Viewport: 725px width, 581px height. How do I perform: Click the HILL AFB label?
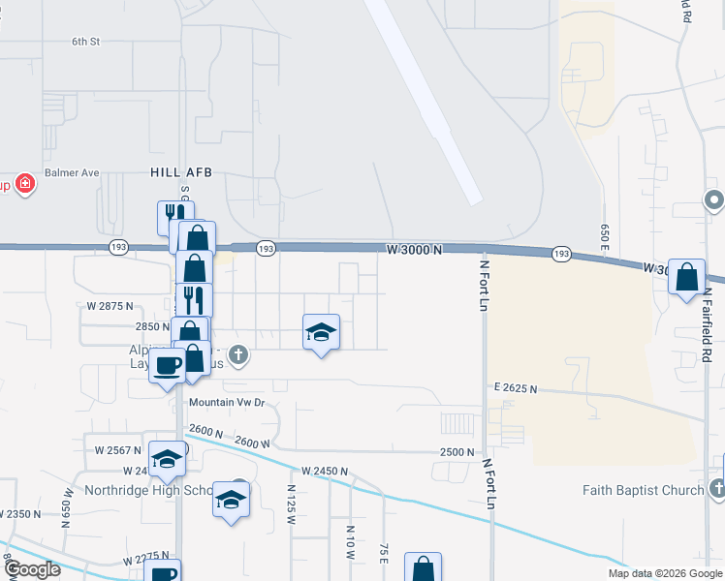pos(180,171)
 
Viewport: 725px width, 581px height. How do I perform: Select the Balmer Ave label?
pos(76,173)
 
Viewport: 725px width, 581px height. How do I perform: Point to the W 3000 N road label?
pos(414,249)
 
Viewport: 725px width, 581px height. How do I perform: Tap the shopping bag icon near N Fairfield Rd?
pos(686,278)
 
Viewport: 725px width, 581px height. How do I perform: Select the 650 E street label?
pos(604,238)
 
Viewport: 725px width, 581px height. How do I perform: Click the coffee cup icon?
pos(168,366)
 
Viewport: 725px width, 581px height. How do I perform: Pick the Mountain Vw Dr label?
pos(227,402)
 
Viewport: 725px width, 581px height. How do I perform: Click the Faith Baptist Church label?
pos(644,490)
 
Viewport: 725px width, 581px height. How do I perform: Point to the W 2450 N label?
pos(324,471)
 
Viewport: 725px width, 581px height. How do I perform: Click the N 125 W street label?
pos(289,505)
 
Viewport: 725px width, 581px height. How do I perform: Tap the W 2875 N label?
pos(109,306)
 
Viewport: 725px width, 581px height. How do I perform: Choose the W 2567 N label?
pos(118,450)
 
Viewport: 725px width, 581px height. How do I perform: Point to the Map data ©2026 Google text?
pos(664,573)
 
